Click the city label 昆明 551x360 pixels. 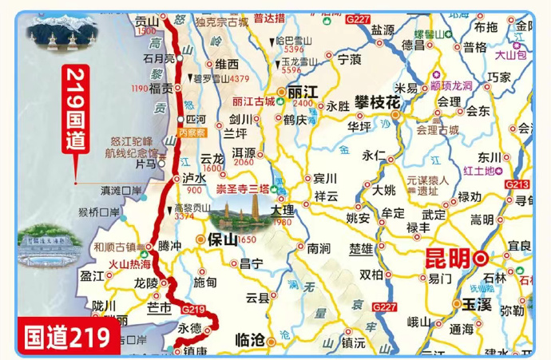tap(446, 259)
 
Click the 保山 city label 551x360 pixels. tap(221, 239)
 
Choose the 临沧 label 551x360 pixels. tap(249, 339)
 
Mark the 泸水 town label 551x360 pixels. tap(195, 180)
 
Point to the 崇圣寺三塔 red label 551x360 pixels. tap(243, 189)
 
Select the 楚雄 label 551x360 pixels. tap(361, 249)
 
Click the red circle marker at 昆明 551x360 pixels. tap(481, 258)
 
